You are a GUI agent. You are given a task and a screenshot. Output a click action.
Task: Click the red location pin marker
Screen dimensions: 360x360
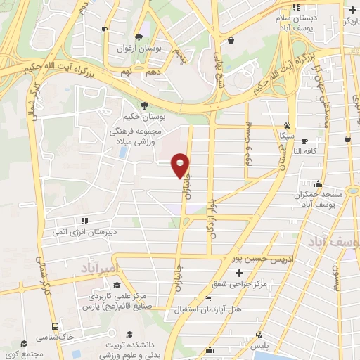(x=181, y=165)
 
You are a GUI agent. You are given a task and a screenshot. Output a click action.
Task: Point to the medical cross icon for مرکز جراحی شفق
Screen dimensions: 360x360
(x=239, y=273)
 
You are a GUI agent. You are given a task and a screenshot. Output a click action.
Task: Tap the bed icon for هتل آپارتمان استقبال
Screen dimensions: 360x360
(x=205, y=299)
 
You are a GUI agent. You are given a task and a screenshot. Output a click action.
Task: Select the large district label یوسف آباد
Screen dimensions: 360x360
(x=335, y=243)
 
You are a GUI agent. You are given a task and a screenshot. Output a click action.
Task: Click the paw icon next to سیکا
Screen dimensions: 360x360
(x=287, y=122)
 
